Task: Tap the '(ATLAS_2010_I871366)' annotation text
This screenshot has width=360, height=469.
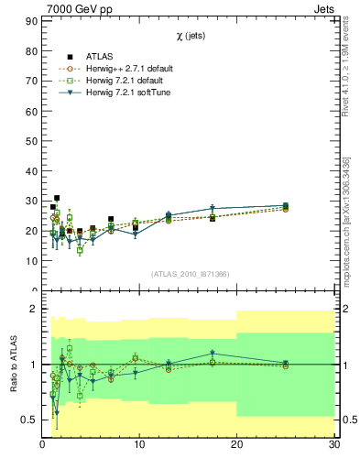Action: [190, 274]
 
